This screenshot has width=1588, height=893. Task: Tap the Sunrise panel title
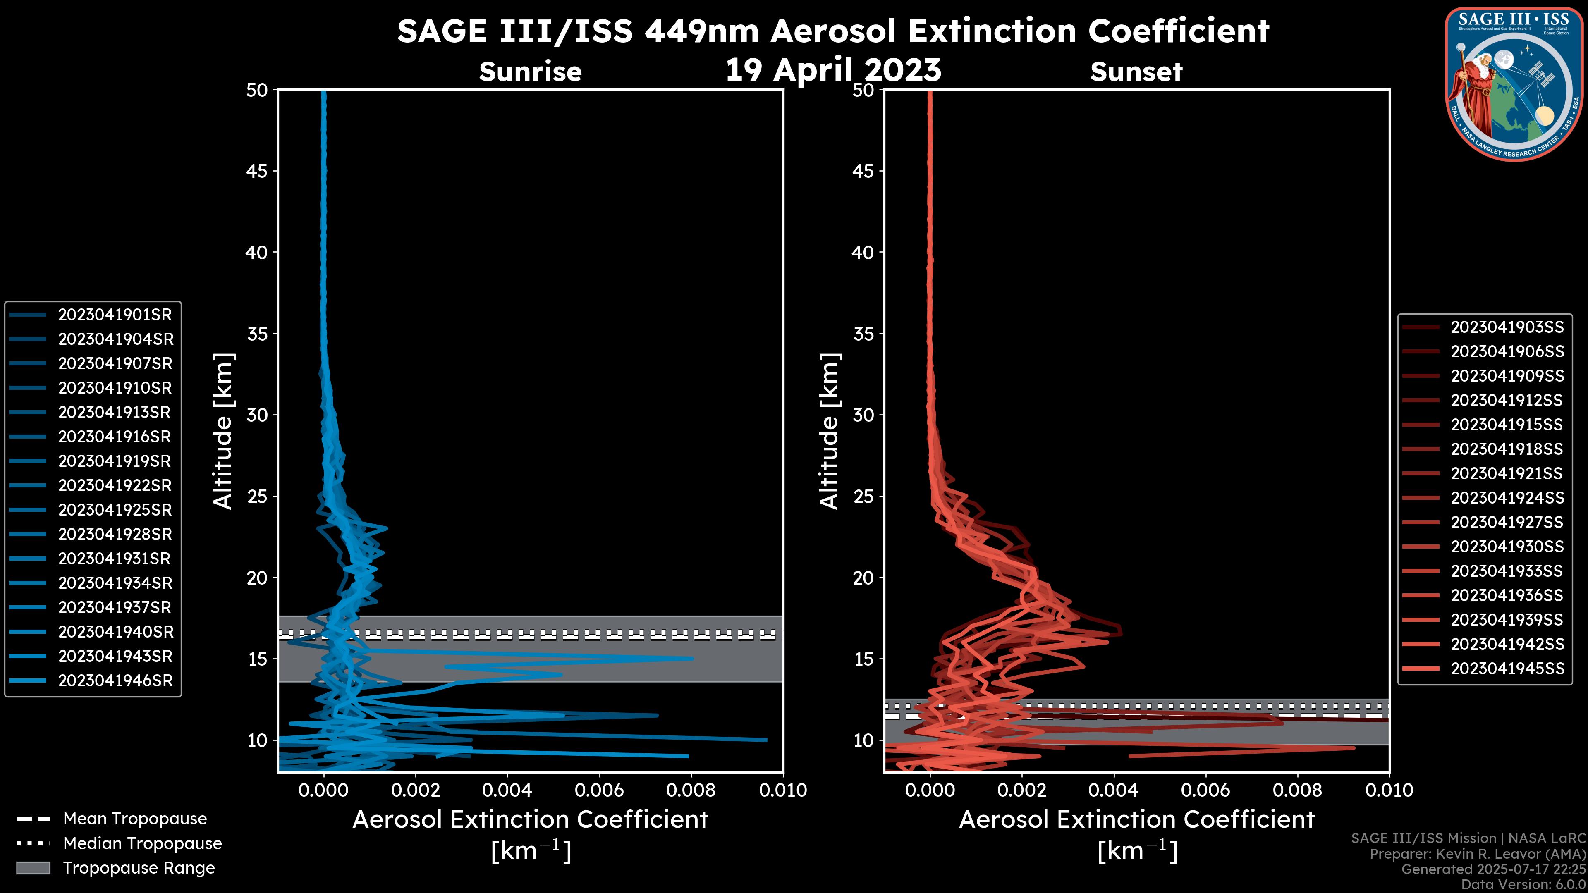click(530, 72)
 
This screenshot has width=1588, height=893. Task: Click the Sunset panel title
click(1136, 72)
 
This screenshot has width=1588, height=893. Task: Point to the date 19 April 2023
click(833, 69)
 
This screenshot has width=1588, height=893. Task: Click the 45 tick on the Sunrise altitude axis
click(257, 171)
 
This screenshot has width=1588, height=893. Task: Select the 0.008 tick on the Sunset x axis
click(1298, 790)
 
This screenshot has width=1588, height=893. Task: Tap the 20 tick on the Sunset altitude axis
click(863, 578)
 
